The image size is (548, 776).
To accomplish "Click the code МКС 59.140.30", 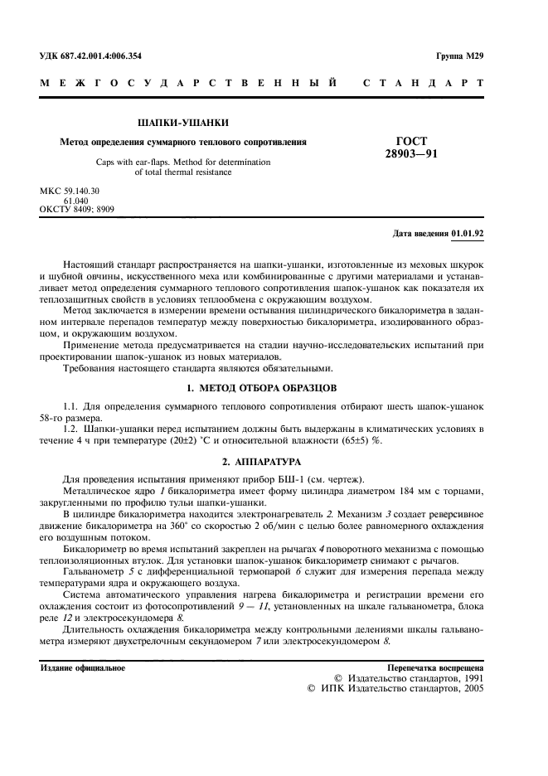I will coord(70,192).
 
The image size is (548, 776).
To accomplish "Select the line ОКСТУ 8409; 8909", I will coord(77,210).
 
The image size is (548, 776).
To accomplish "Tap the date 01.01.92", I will coord(468,235).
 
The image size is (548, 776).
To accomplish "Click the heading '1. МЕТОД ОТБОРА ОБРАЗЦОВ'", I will coord(262,388).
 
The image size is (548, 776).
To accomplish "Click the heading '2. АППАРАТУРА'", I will coord(262,461).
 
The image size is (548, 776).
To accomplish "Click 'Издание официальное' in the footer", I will coord(83,668).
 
